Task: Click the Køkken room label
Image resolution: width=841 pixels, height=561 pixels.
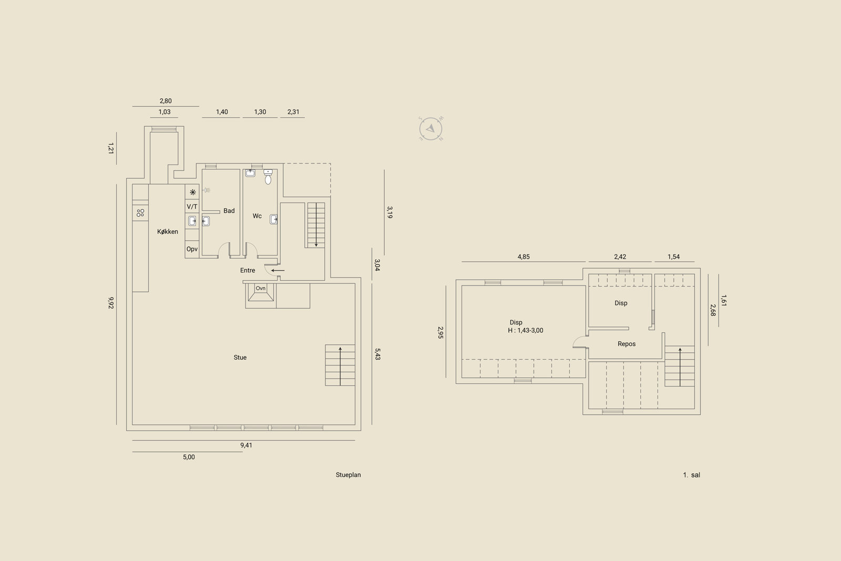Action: tap(168, 232)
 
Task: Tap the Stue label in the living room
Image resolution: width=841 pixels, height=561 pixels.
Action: tap(240, 358)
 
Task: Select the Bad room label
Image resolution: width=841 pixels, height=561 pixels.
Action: tap(229, 211)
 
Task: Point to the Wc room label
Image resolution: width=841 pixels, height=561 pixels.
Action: tap(257, 216)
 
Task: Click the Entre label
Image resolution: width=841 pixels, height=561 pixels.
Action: tap(248, 270)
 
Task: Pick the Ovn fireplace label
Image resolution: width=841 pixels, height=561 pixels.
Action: tap(261, 288)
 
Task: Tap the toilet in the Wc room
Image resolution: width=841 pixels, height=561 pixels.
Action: tap(268, 177)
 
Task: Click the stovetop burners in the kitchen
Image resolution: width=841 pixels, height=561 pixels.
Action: tap(140, 213)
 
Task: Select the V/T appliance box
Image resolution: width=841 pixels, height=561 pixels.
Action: tap(192, 207)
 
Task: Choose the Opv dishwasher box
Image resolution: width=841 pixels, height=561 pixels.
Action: tap(192, 249)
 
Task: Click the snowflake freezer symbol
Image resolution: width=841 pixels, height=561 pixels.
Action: tap(192, 192)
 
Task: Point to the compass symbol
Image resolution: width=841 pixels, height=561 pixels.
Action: tap(430, 129)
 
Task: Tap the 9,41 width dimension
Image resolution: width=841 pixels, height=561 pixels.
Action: tap(247, 445)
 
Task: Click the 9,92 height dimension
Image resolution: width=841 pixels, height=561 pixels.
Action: tap(111, 303)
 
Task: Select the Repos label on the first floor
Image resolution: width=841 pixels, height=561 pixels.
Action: tap(627, 344)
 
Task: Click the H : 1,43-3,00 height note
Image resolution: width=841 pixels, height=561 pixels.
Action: tap(526, 330)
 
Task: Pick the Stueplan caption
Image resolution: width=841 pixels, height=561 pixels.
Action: tap(348, 475)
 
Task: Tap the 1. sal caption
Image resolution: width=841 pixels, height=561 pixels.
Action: tap(692, 475)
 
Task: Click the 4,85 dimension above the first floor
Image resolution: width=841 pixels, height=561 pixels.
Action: tap(524, 257)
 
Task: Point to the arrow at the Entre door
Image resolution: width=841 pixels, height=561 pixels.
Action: tap(278, 270)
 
